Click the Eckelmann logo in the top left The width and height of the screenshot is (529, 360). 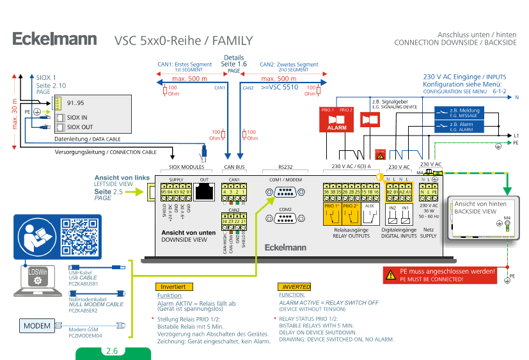click(x=55, y=39)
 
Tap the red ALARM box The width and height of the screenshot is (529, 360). click(x=336, y=120)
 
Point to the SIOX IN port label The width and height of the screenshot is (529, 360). click(x=77, y=118)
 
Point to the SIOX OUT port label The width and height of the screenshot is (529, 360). click(x=79, y=127)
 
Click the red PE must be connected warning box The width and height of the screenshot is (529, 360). click(x=439, y=275)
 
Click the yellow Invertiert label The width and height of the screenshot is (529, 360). click(x=173, y=287)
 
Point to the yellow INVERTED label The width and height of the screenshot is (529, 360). click(x=296, y=287)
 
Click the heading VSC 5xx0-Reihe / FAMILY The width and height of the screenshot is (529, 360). click(x=184, y=41)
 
